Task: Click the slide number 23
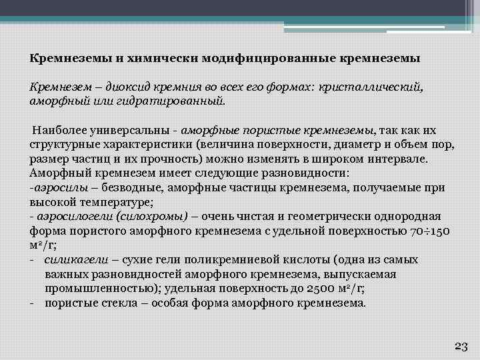click(x=461, y=345)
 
